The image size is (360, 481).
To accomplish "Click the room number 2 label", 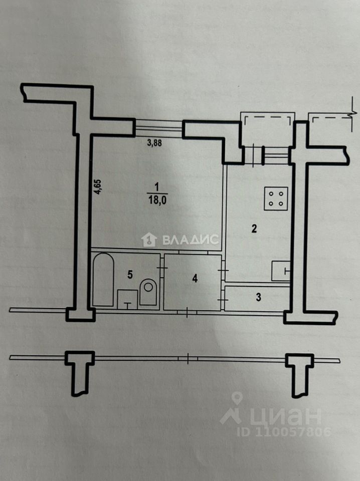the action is coord(254,229).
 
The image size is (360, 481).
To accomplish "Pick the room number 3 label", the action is coord(258,297).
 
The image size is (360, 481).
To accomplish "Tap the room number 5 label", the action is coord(130,274).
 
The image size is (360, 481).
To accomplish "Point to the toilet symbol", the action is coord(148,291).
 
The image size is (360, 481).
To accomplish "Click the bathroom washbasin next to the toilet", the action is coord(127,299).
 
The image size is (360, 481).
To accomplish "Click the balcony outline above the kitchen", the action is coord(267,122).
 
